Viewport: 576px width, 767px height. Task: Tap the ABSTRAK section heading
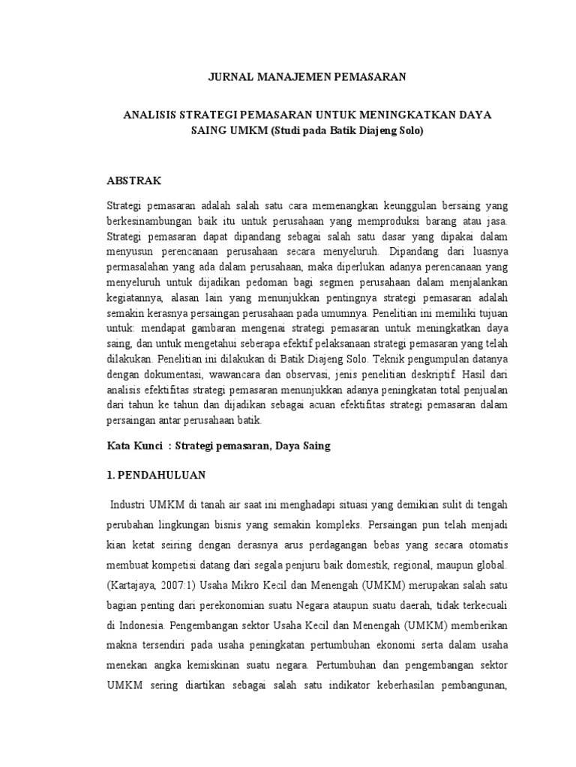(134, 181)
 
